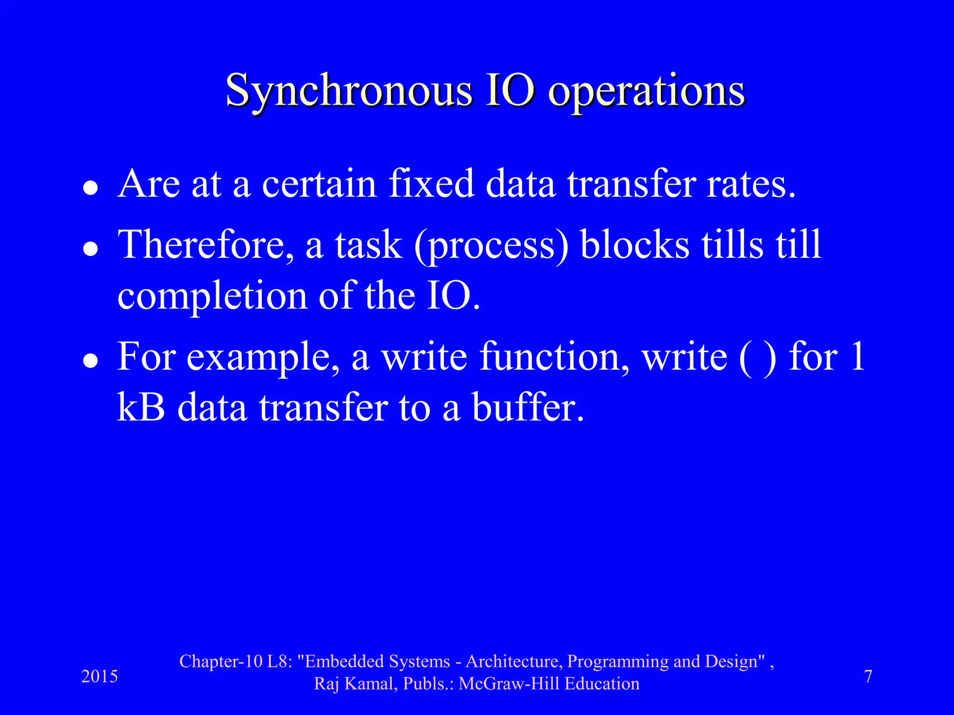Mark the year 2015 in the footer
point(99,676)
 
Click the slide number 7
point(868,676)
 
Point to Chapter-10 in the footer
point(222,661)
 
